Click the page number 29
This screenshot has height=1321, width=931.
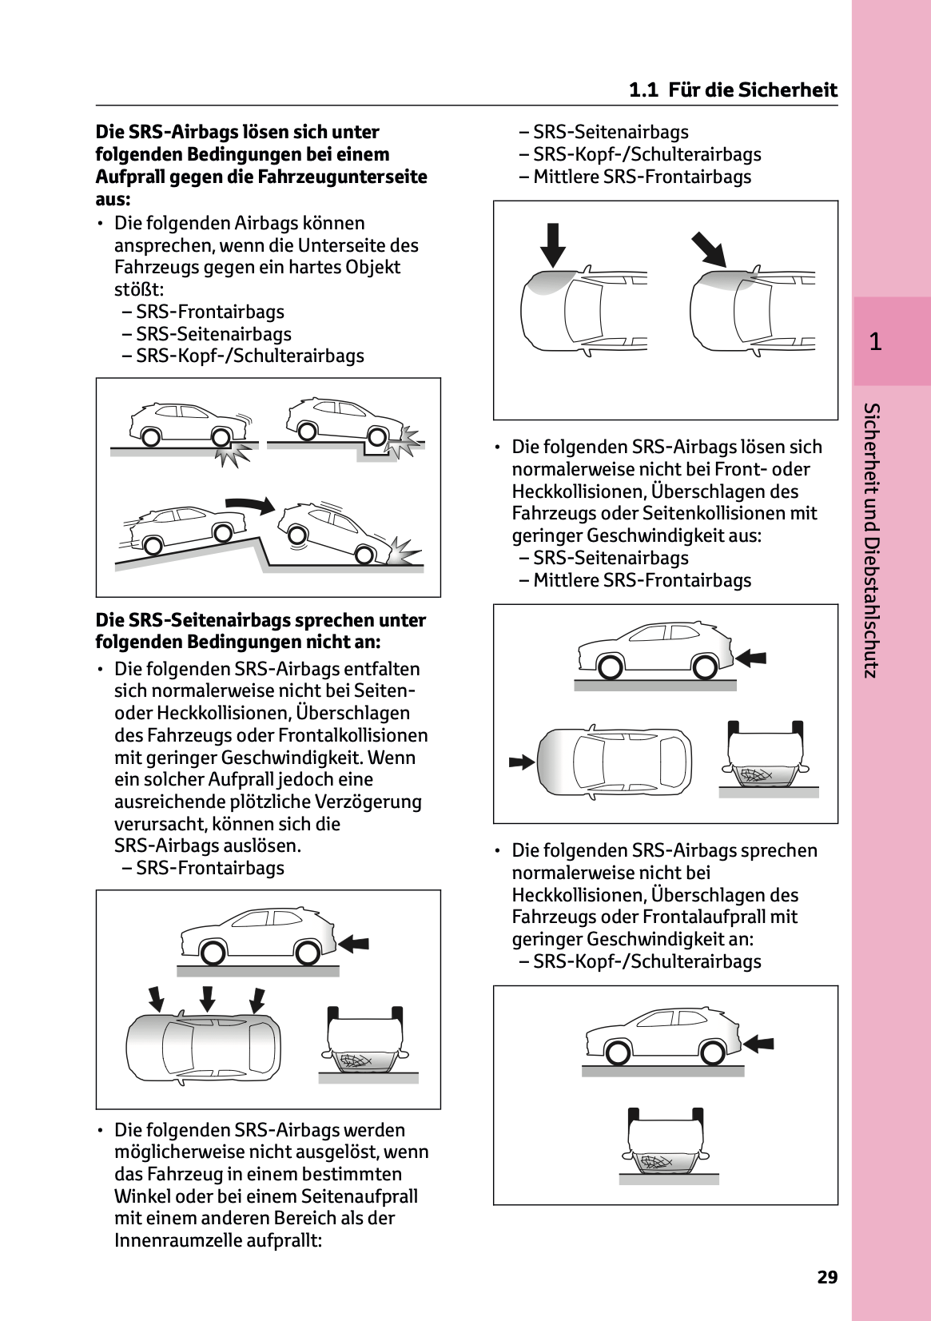point(827,1277)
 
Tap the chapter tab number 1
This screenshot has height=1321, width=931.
point(876,342)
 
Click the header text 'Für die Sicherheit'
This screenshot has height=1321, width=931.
point(753,90)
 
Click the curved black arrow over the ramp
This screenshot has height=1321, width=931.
point(249,503)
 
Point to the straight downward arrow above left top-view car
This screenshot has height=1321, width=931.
point(552,245)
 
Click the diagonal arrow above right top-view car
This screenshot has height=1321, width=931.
point(708,249)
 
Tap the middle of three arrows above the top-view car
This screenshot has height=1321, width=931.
point(207,999)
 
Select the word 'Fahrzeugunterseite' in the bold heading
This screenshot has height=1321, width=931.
point(342,177)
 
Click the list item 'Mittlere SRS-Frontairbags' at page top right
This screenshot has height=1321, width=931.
point(642,177)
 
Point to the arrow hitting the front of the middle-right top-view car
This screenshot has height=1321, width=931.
point(521,762)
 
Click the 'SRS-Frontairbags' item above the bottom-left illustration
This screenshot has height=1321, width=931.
point(209,868)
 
